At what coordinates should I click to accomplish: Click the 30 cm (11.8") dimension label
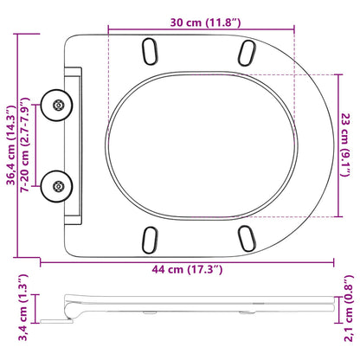[205, 22]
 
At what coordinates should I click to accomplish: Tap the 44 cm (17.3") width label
[187, 269]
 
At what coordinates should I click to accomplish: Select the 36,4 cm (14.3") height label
[11, 145]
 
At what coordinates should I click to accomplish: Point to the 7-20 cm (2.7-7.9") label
[25, 145]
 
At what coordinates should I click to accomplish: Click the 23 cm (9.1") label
[345, 145]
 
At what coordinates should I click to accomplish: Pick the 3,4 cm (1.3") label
[22, 307]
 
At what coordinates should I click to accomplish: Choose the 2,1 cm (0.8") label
[349, 308]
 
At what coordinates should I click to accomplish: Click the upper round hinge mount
[56, 106]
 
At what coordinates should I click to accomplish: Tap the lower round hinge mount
[56, 186]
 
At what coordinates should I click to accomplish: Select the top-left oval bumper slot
[150, 51]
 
